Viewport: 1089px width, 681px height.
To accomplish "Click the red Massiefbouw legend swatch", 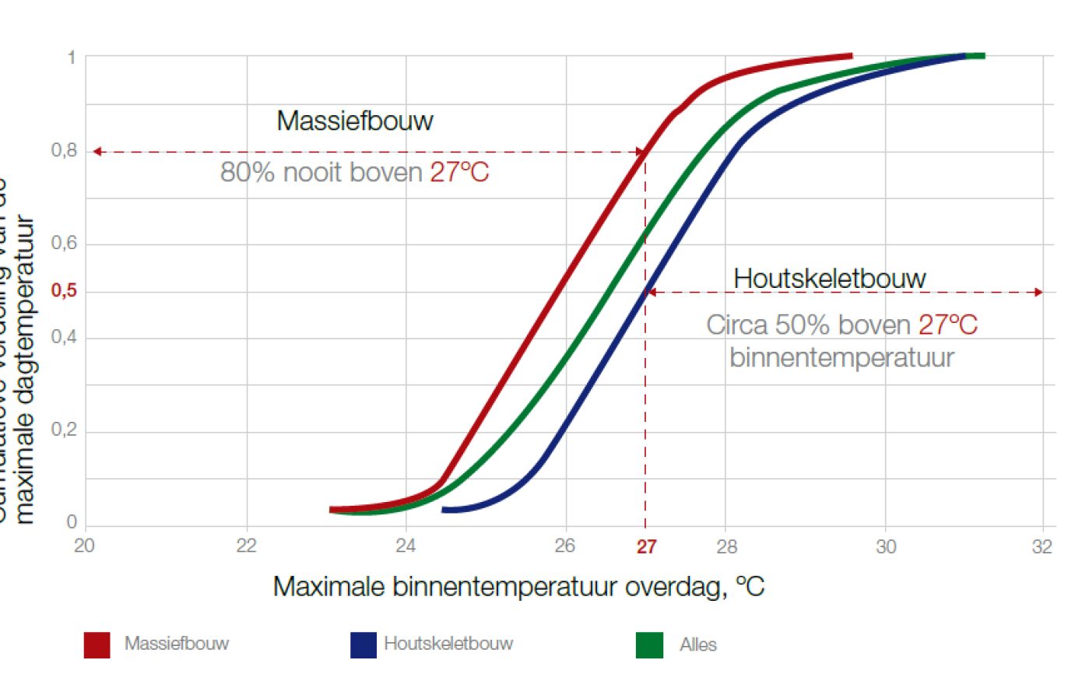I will (x=97, y=644).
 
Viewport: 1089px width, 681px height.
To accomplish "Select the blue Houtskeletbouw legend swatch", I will (x=363, y=644).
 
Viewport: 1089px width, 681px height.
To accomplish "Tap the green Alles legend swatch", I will (x=649, y=644).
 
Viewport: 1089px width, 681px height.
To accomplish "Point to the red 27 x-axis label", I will (x=646, y=547).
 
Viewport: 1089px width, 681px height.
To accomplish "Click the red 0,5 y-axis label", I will (x=64, y=290).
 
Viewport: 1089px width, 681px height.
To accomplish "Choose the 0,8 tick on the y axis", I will (x=64, y=150).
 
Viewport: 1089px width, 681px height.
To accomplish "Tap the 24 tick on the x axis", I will (x=406, y=546).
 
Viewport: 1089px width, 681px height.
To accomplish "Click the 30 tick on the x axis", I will (x=885, y=546).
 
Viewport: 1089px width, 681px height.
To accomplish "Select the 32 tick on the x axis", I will (x=1042, y=546).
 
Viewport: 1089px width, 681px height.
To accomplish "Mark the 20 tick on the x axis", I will (x=84, y=546).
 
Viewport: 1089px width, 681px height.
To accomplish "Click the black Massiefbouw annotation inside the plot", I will (x=355, y=121).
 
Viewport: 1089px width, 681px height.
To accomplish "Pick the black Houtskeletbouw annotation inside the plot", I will (x=830, y=278).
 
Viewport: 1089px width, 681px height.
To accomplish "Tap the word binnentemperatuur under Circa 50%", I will (x=841, y=357).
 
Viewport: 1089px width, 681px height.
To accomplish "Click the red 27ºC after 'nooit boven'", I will (x=459, y=172).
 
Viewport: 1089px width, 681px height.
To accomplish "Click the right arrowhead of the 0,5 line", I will (x=1038, y=293).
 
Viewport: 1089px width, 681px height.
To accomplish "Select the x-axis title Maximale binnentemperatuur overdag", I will (x=518, y=586).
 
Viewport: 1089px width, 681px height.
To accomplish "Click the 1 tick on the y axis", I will (x=72, y=57).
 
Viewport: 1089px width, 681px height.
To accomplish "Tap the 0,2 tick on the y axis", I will (x=64, y=430).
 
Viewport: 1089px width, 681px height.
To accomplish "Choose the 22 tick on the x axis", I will (x=246, y=546).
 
